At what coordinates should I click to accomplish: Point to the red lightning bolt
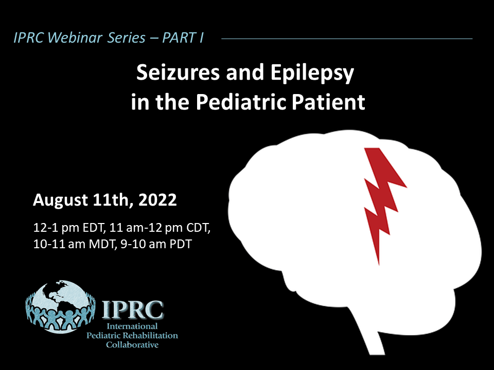(x=382, y=201)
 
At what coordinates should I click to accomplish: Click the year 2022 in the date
(x=157, y=200)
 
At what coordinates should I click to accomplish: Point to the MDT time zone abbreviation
(x=101, y=244)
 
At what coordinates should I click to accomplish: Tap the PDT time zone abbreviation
(x=181, y=244)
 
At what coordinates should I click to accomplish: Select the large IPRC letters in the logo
(x=133, y=310)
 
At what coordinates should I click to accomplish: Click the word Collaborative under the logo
(x=132, y=345)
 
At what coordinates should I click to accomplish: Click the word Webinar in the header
(x=75, y=38)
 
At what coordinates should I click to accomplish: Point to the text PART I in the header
(x=183, y=38)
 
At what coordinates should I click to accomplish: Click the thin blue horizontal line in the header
(x=347, y=39)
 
